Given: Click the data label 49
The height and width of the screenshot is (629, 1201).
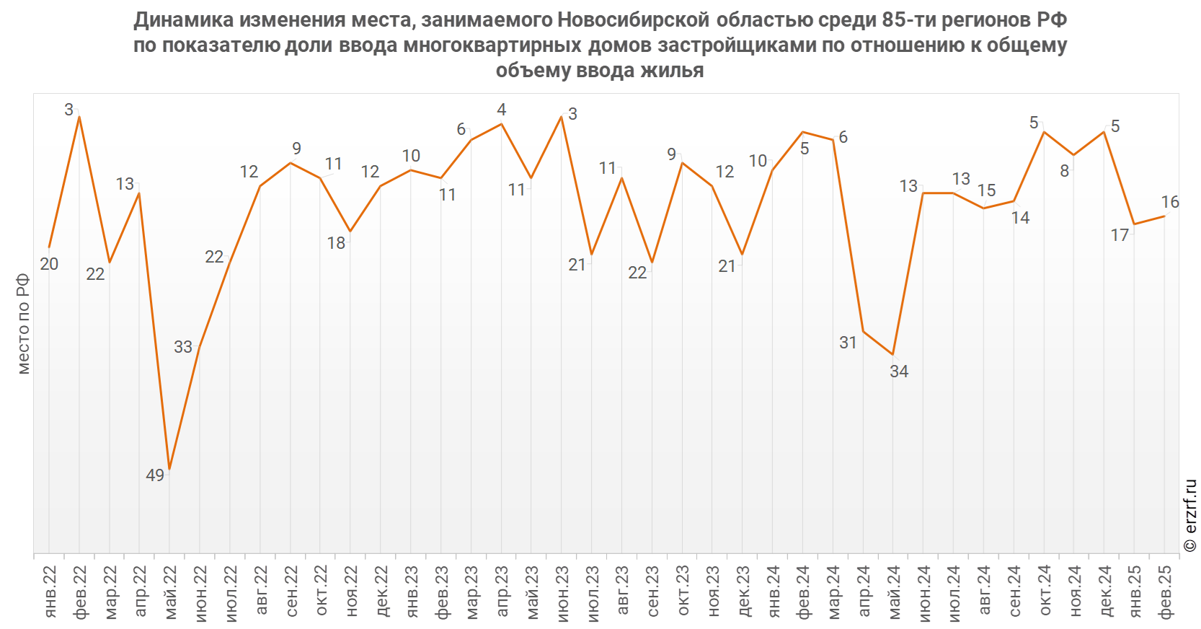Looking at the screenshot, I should pyautogui.click(x=155, y=475).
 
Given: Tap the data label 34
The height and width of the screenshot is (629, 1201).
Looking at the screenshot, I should pyautogui.click(x=899, y=371).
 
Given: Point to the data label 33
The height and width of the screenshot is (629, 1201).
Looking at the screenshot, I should pyautogui.click(x=183, y=347).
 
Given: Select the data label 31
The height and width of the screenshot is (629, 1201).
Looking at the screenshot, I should pyautogui.click(x=848, y=343).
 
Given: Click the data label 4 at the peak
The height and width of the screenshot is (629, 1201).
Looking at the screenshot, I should pyautogui.click(x=502, y=110).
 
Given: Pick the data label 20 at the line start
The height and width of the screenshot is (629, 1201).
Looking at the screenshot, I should pyautogui.click(x=49, y=264).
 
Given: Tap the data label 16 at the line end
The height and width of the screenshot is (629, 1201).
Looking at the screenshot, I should pyautogui.click(x=1170, y=202).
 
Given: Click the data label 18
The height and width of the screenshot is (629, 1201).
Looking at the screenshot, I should pyautogui.click(x=336, y=243).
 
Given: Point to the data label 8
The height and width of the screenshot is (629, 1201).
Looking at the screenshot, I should pyautogui.click(x=1064, y=172).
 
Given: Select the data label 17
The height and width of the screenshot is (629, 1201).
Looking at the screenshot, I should pyautogui.click(x=1120, y=235).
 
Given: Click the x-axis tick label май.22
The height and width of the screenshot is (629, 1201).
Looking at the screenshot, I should pyautogui.click(x=170, y=591).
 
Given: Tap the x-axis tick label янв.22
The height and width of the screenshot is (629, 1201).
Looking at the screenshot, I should pyautogui.click(x=50, y=591).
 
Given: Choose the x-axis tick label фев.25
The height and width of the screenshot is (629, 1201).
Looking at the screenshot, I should pyautogui.click(x=1166, y=591).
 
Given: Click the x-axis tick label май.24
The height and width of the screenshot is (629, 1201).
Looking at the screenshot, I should pyautogui.click(x=894, y=591).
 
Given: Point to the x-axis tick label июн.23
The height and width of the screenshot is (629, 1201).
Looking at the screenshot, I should pyautogui.click(x=562, y=591).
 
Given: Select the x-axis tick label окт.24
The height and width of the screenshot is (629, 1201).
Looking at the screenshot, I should pyautogui.click(x=1045, y=591).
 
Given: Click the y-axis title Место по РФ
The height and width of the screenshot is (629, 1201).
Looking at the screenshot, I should pyautogui.click(x=24, y=323).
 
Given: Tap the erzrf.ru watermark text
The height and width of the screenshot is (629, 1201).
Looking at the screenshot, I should pyautogui.click(x=1190, y=515).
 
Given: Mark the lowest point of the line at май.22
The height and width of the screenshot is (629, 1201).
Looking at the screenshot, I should pyautogui.click(x=169, y=468).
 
